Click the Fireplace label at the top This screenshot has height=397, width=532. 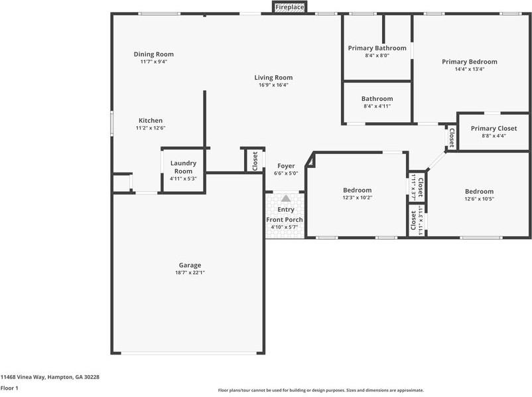290,7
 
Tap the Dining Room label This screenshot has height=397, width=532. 153,54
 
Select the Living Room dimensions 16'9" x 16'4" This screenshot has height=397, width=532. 273,85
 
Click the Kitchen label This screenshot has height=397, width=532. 150,120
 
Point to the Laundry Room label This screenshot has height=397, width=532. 183,167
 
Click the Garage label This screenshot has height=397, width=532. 189,265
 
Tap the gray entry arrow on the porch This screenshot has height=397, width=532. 285,198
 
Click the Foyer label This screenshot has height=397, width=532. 286,166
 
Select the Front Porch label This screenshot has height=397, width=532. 285,220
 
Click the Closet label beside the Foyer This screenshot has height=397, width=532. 255,161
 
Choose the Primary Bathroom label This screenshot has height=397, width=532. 377,48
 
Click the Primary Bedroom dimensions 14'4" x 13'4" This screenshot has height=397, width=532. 469,69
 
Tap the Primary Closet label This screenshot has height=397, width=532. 494,128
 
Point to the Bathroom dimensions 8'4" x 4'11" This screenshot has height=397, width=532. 377,106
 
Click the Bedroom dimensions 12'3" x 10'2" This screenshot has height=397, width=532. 357,198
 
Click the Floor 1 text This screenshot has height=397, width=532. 9,388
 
